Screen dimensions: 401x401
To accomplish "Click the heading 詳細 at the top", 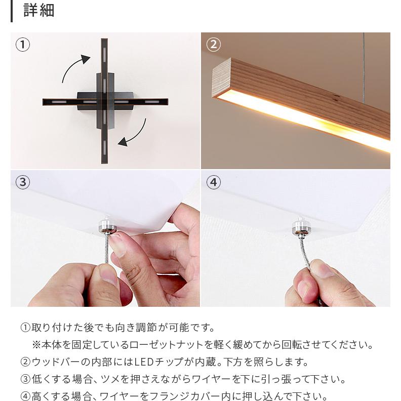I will [39, 11].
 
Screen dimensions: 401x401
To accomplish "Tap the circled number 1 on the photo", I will [23, 45].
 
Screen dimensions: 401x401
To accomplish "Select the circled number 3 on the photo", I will [23, 182].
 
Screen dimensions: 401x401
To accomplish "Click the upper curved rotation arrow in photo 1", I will [75, 68].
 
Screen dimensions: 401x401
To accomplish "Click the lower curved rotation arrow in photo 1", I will [134, 133].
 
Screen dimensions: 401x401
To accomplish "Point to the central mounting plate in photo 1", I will [104, 100].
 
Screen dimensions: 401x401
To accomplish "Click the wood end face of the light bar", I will [221, 78].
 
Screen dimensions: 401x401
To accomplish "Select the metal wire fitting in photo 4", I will [301, 228].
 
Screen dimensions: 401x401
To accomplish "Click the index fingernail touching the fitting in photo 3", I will [117, 244].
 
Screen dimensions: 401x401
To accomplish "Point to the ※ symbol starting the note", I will [36, 345].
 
